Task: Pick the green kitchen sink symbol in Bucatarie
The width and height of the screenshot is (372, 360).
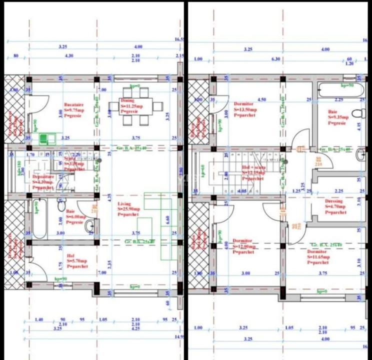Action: tap(47, 138)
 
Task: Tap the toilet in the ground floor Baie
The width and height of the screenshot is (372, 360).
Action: tap(61, 205)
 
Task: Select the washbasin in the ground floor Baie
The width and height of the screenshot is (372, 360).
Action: tap(90, 226)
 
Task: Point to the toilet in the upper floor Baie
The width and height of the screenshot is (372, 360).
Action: tap(356, 113)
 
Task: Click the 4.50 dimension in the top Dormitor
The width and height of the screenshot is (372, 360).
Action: tap(261, 99)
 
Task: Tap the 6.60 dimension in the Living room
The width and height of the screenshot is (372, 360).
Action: tap(168, 219)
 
